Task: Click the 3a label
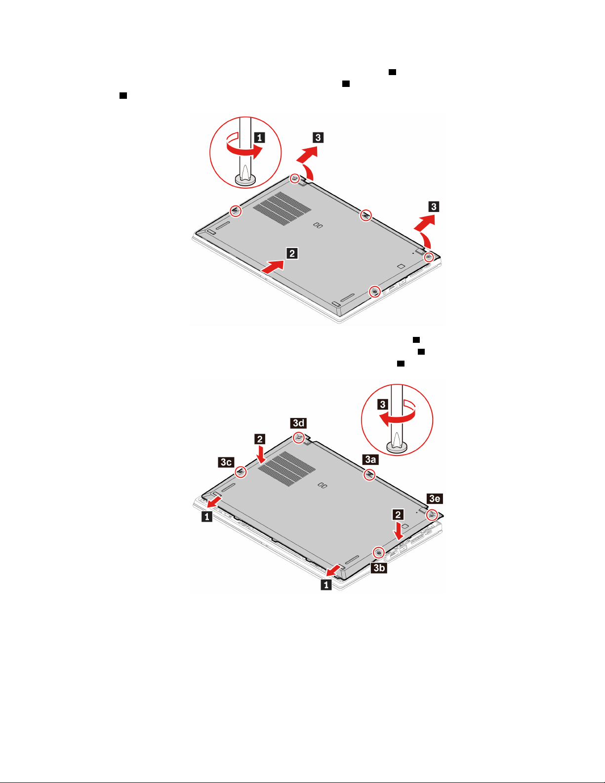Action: click(x=370, y=459)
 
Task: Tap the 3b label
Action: click(x=379, y=568)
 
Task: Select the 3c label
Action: click(x=226, y=462)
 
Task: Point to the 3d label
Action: click(x=298, y=423)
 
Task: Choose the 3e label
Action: click(x=435, y=498)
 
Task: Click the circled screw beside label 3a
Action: click(x=369, y=475)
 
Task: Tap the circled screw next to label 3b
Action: click(x=378, y=552)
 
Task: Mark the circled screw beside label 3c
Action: click(x=241, y=472)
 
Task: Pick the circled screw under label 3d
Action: click(x=299, y=438)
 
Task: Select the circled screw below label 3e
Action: click(x=432, y=515)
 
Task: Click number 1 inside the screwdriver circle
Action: click(x=259, y=137)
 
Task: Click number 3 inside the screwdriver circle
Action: click(x=382, y=404)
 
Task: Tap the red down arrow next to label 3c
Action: click(x=261, y=454)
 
